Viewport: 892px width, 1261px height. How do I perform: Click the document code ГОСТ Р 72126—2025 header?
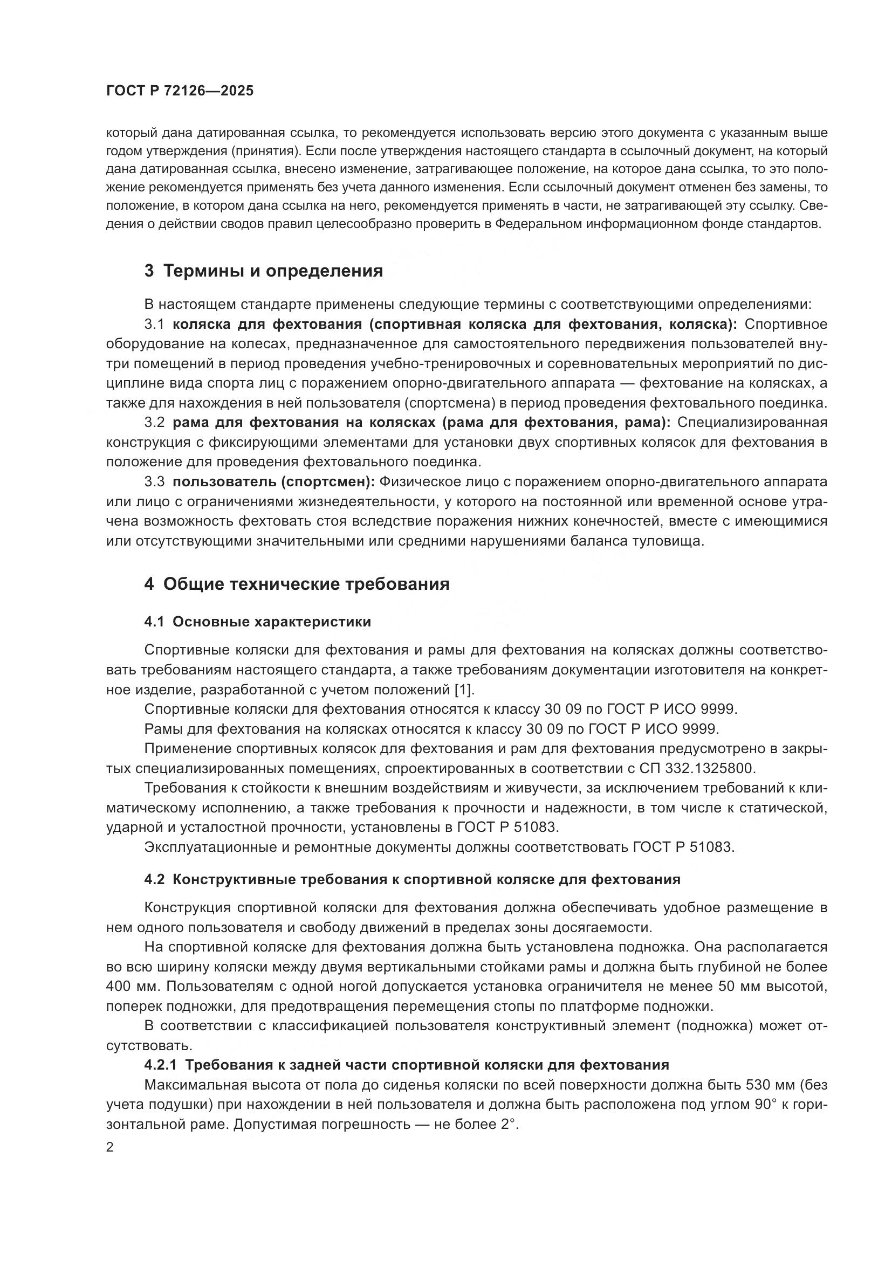[x=180, y=91]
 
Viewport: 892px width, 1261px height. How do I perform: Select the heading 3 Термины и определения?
[x=264, y=271]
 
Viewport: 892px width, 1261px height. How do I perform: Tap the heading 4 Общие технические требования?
[x=297, y=584]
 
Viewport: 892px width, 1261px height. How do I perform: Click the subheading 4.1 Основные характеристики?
[x=258, y=622]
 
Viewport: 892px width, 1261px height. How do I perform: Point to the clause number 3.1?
[x=154, y=324]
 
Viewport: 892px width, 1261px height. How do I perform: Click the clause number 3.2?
[x=154, y=422]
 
